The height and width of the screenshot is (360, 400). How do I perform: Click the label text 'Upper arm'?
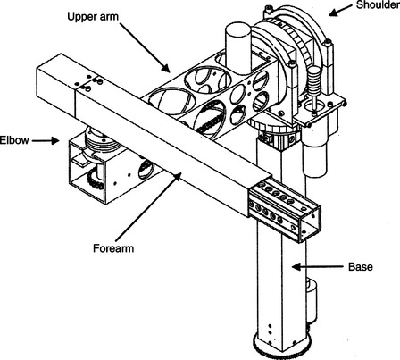tap(93, 16)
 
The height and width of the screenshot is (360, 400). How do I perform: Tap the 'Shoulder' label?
tap(378, 5)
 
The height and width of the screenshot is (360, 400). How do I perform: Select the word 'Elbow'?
tap(14, 140)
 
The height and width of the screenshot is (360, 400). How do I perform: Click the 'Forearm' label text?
tap(113, 248)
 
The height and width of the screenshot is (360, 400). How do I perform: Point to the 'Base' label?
tap(361, 266)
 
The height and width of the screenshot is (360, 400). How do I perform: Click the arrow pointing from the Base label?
tap(318, 266)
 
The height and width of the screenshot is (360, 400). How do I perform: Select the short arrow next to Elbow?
tap(46, 140)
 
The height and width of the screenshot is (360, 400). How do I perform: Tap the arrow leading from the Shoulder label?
tap(340, 10)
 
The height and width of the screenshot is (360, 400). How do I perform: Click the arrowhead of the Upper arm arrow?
tap(166, 68)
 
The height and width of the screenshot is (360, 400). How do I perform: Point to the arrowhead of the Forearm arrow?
tap(178, 176)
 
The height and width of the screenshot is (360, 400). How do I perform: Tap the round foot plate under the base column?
tap(281, 347)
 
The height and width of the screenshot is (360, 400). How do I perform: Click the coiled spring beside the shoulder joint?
tap(314, 80)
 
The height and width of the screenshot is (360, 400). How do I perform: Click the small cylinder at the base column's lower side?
tap(311, 301)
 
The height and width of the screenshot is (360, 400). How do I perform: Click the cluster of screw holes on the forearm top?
tap(88, 83)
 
